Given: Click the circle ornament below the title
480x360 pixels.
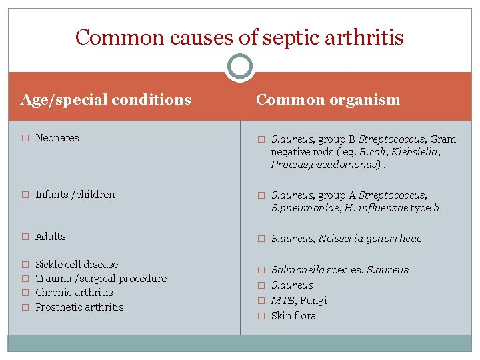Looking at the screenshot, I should (240, 67).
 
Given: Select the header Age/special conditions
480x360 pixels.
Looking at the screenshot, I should (106, 100).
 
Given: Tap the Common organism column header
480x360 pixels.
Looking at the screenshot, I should (328, 100).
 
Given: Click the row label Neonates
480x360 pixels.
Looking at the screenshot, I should (57, 138).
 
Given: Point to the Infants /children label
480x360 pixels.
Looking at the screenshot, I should (75, 195).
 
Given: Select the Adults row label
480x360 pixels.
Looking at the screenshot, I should (51, 237).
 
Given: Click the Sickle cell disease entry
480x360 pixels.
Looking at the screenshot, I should (77, 265).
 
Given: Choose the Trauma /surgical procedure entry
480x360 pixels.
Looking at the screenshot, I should (101, 279).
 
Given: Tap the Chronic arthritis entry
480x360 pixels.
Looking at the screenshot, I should (74, 293).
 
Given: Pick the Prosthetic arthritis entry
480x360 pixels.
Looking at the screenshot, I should (79, 307).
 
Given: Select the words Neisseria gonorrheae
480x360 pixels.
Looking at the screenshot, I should (370, 239).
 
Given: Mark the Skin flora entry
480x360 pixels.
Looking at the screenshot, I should (293, 316).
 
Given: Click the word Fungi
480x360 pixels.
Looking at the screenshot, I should (313, 301).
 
